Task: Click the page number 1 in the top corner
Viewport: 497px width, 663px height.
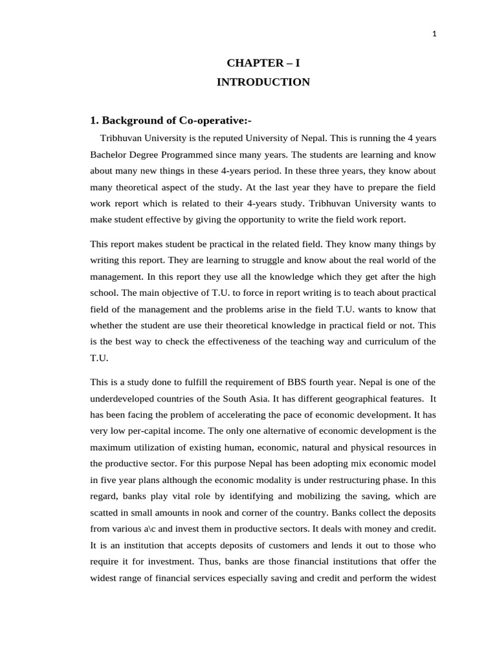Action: pos(434,35)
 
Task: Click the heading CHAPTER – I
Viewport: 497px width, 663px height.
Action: pos(263,63)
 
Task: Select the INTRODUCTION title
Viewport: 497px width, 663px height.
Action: pos(263,82)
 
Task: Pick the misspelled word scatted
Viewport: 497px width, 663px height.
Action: pos(105,512)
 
